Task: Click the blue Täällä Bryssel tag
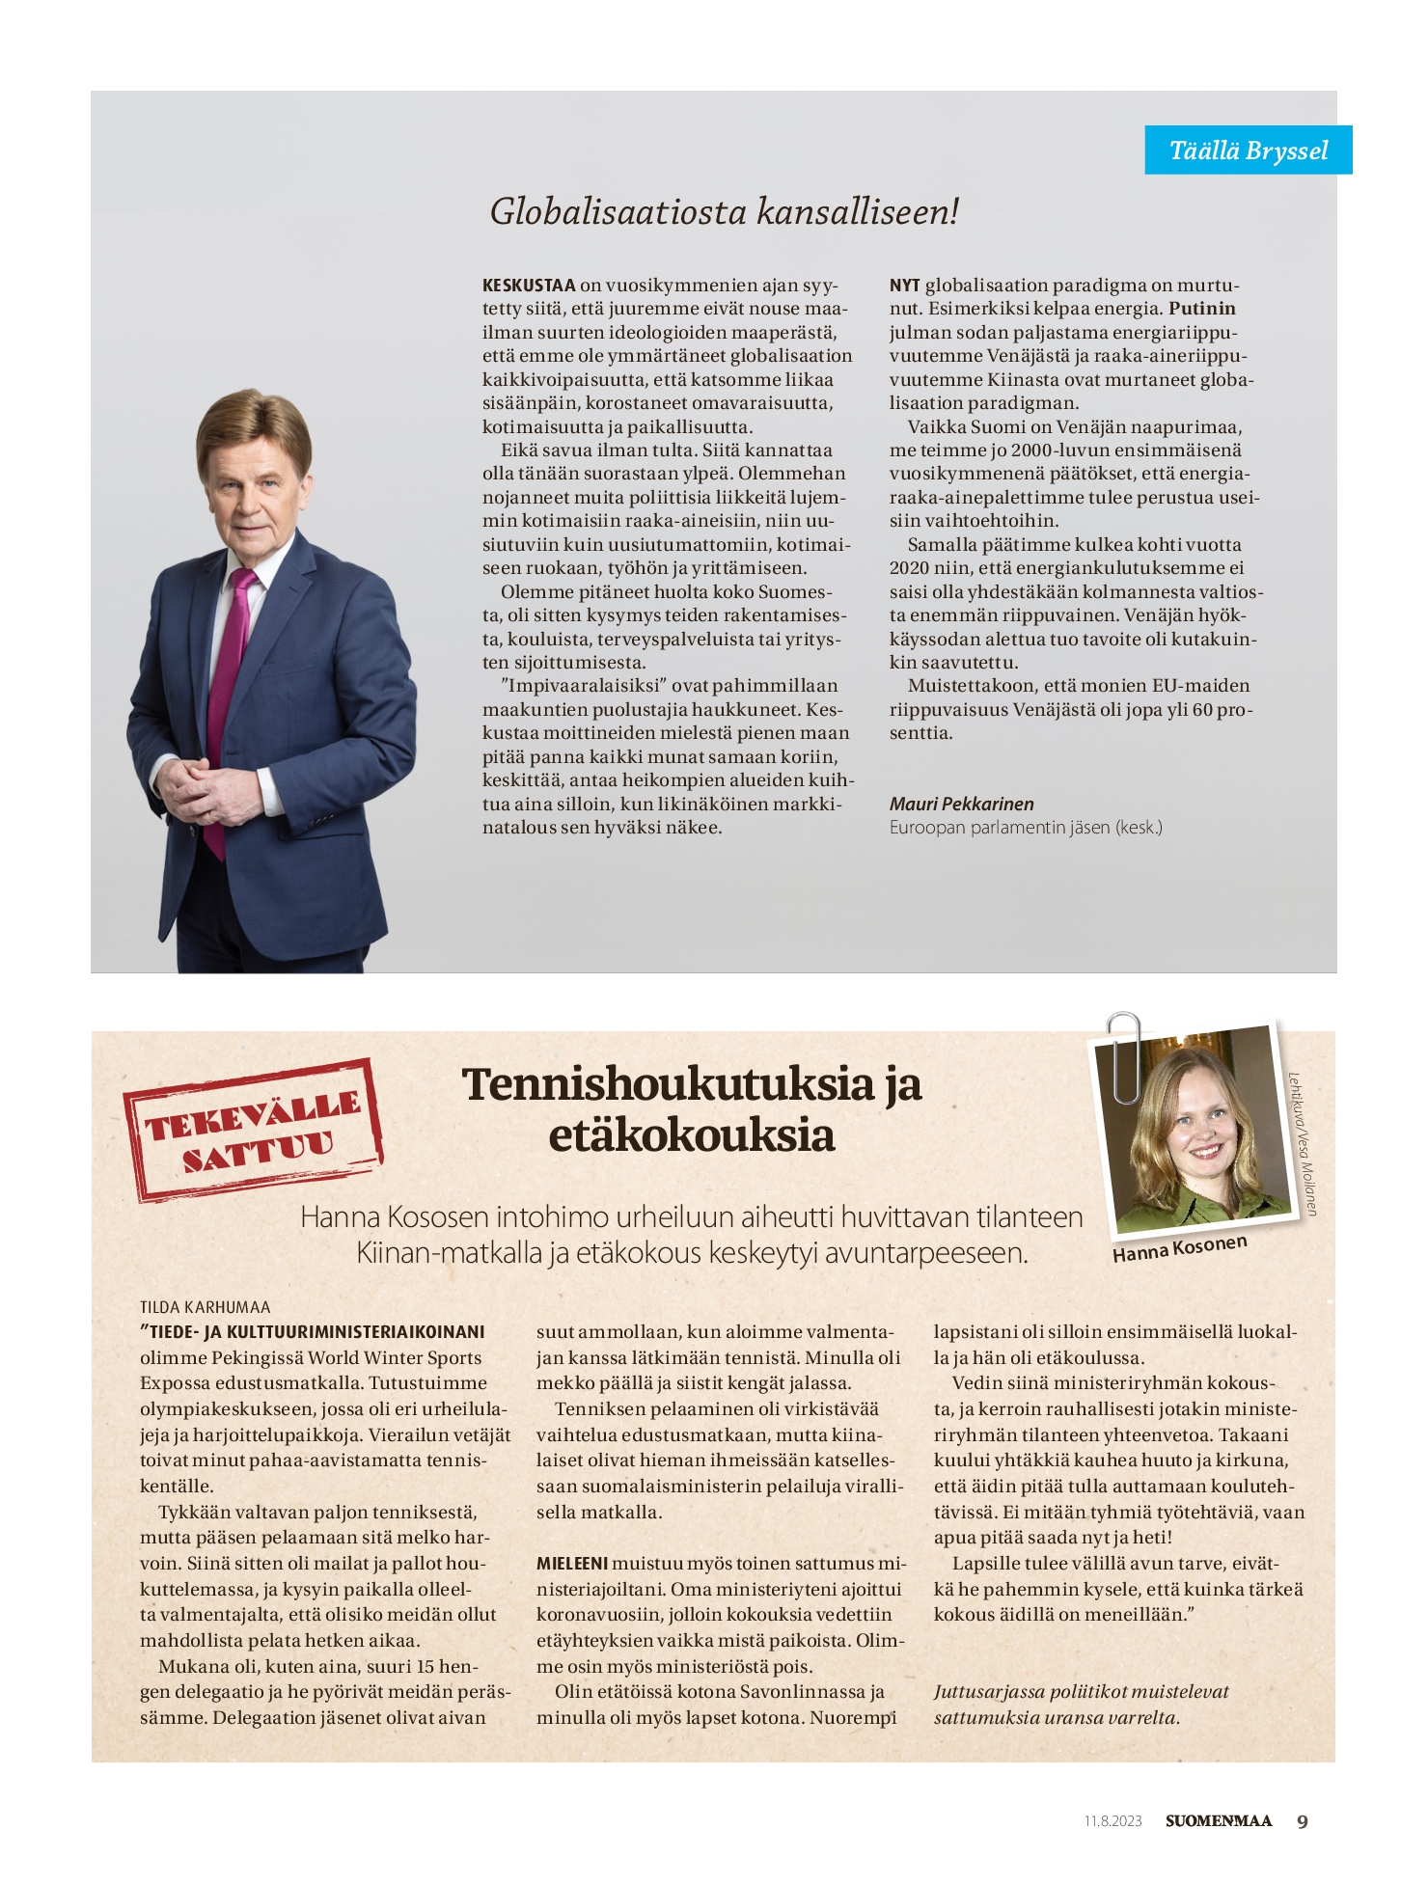(1248, 150)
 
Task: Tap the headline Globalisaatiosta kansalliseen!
(724, 211)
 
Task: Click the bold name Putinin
(1202, 309)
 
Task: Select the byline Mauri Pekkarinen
(961, 804)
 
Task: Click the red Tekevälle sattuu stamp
(253, 1129)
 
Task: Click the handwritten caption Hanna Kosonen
(1179, 1248)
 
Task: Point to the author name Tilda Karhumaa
(205, 1307)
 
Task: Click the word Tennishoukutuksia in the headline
(668, 1084)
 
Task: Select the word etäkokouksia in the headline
(691, 1135)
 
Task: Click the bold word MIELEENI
(572, 1563)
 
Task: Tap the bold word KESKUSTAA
(529, 286)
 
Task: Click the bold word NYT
(904, 286)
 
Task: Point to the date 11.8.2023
(1112, 1821)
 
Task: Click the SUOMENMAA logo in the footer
(1219, 1821)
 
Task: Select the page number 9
(1303, 1821)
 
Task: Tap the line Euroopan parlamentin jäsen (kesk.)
(1026, 828)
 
